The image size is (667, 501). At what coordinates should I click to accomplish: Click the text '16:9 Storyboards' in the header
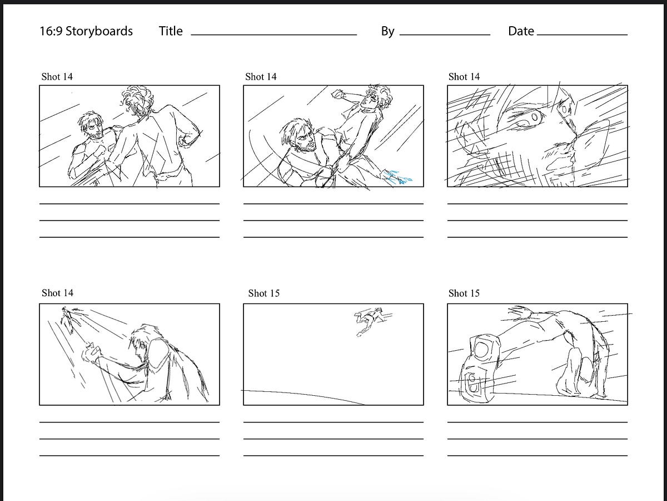coord(86,31)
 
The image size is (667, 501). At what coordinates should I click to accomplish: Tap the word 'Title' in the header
coord(171,31)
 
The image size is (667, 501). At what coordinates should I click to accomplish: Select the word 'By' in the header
coord(387,31)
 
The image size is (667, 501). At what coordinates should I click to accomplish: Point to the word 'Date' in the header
coord(521,31)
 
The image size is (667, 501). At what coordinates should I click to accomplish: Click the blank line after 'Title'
coord(273,35)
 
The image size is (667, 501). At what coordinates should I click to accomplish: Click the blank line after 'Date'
coord(582,35)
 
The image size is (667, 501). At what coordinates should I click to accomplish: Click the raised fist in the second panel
coord(337,94)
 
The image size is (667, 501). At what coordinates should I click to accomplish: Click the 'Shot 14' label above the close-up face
coord(464,77)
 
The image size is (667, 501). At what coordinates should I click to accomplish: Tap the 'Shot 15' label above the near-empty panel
coord(263,293)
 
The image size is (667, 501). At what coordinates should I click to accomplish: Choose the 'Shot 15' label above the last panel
coord(464,293)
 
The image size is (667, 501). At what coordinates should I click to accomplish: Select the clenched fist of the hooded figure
coord(91,352)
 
